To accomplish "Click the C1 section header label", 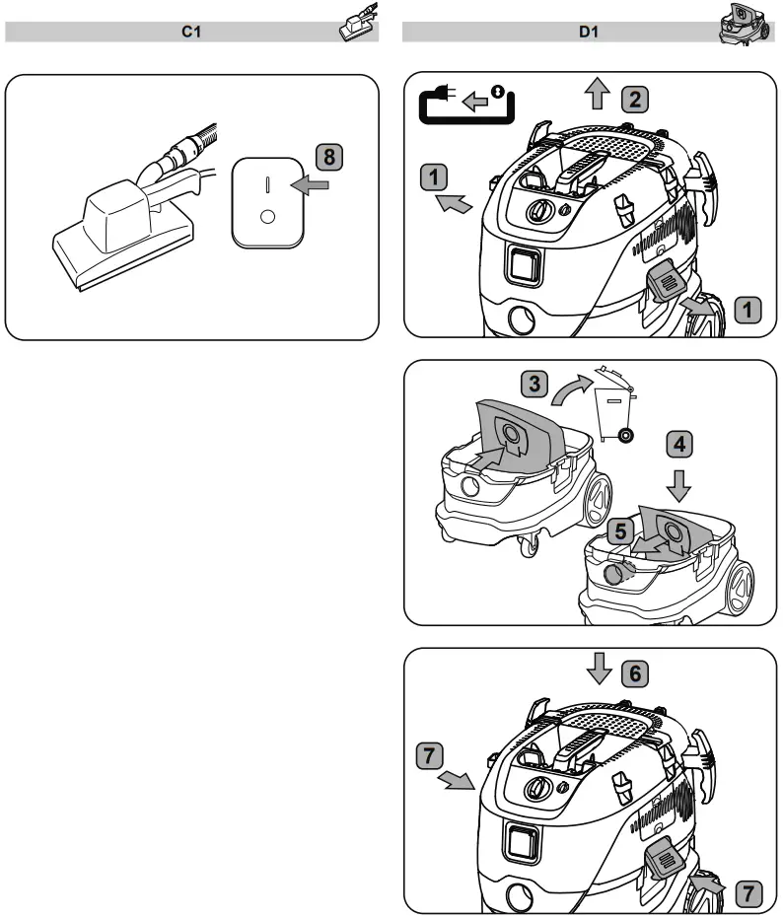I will [190, 33].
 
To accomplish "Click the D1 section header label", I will [588, 33].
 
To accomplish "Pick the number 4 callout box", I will [677, 443].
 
